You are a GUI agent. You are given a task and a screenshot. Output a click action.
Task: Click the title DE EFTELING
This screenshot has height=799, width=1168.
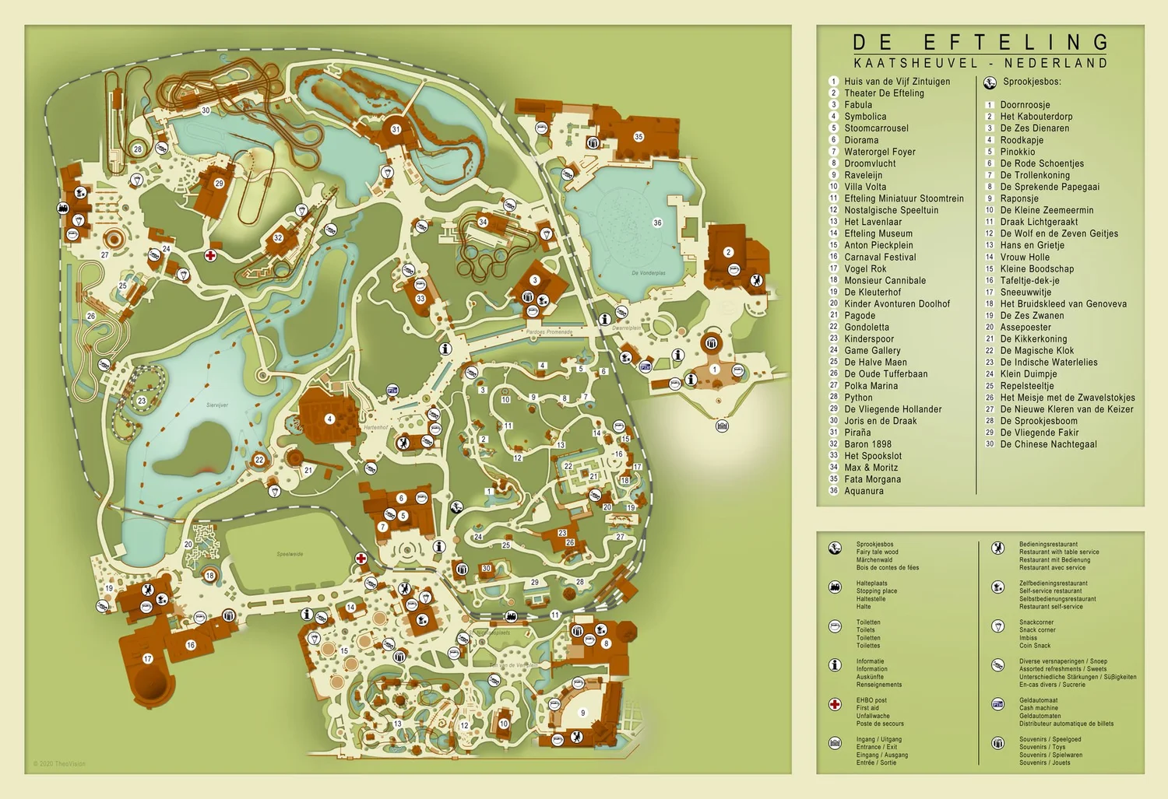(x=980, y=42)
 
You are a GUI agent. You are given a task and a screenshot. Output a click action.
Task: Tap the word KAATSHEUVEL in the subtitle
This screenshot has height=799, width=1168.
(x=915, y=63)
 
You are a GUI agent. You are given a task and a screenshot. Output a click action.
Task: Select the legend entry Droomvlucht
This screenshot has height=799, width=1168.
(x=870, y=163)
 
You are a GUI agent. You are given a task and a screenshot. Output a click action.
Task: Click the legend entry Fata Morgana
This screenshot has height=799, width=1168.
(x=872, y=479)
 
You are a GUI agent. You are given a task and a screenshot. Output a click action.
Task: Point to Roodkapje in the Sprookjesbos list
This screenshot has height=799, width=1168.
(x=1022, y=140)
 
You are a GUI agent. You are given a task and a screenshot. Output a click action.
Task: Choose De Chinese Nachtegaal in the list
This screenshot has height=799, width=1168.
(x=1048, y=444)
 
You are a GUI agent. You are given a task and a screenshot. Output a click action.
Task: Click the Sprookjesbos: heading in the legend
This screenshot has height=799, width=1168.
(x=1032, y=82)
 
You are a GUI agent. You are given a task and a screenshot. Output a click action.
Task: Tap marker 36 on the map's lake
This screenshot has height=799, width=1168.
(x=657, y=223)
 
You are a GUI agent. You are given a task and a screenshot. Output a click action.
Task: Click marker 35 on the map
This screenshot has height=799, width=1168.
(x=639, y=137)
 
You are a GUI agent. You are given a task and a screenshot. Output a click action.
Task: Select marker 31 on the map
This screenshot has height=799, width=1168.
(x=396, y=130)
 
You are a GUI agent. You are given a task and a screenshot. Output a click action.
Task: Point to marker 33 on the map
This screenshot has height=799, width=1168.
(x=420, y=299)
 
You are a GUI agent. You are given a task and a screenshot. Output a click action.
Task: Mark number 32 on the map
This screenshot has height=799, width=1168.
(x=278, y=238)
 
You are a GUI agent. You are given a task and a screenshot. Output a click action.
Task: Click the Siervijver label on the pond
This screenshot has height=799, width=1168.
(x=217, y=405)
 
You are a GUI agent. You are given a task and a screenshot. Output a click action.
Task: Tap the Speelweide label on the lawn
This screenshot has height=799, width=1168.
(x=290, y=554)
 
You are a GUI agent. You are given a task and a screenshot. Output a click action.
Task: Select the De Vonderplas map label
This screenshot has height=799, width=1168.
(x=648, y=273)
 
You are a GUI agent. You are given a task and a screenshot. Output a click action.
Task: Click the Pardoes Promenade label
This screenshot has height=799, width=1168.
(x=549, y=332)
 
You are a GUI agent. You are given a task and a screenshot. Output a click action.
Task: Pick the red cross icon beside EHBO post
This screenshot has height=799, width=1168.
(x=835, y=704)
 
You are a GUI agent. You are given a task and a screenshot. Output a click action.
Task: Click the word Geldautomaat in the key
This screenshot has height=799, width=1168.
(x=1038, y=700)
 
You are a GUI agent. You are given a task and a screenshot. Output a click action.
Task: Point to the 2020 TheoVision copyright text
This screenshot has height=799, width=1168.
(x=60, y=764)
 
